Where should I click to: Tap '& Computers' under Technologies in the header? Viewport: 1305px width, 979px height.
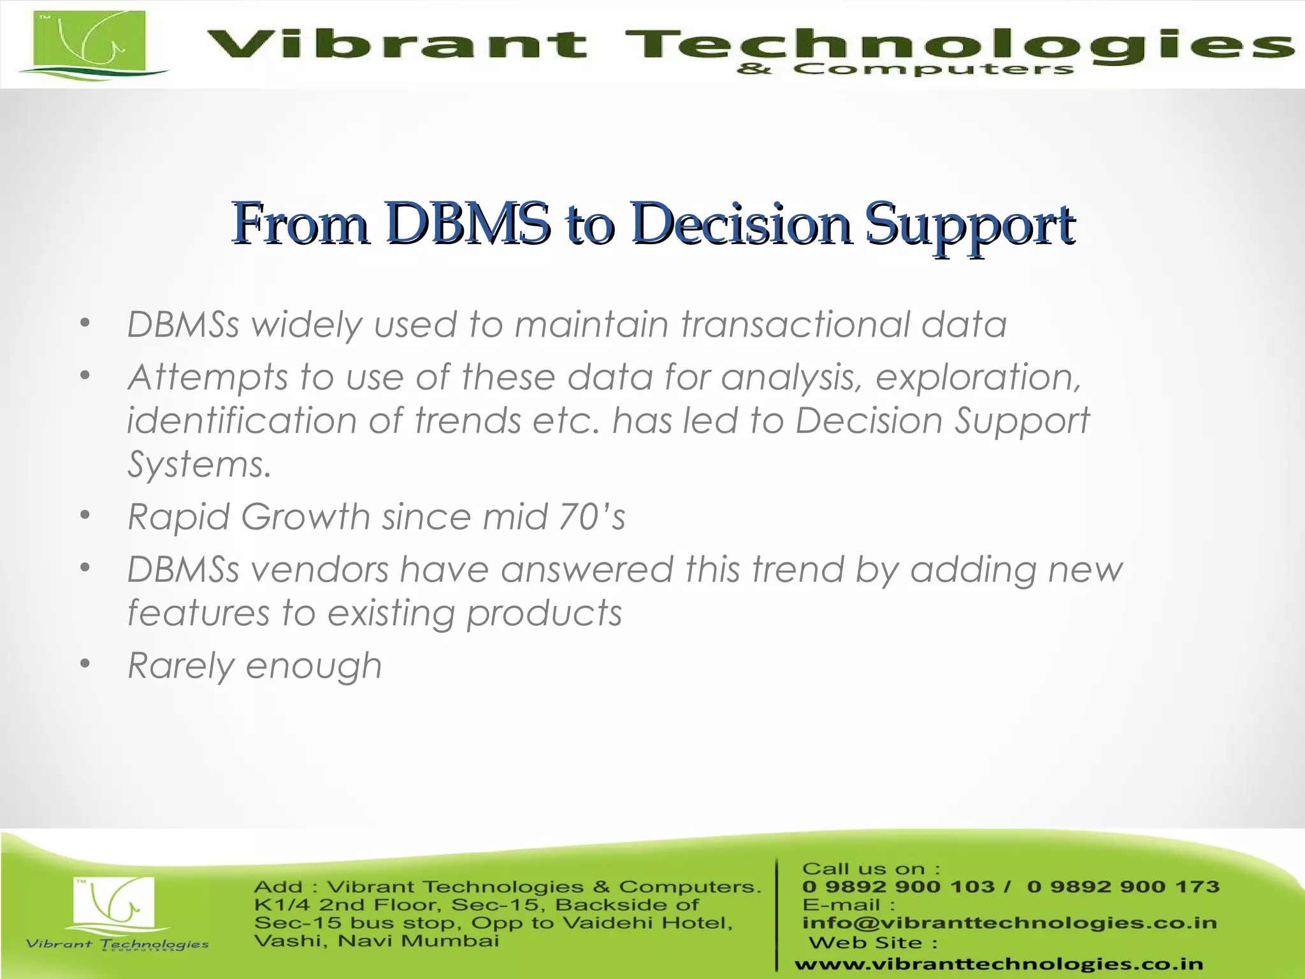point(905,69)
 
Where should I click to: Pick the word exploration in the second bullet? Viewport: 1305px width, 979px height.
point(978,377)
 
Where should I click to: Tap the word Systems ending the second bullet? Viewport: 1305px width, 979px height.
point(199,464)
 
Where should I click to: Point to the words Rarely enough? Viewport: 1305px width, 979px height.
point(254,665)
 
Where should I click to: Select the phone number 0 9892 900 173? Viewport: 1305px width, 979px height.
point(1123,887)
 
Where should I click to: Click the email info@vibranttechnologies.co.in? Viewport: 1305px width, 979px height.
point(1009,922)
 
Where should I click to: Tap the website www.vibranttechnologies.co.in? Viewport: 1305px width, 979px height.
point(999,964)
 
